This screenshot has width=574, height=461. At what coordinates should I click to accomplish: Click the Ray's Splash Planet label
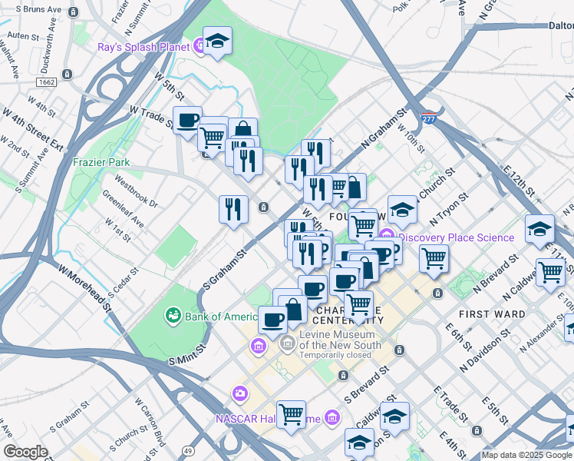pyautogui.click(x=143, y=47)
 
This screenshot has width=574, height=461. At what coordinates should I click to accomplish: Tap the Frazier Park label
pyautogui.click(x=101, y=162)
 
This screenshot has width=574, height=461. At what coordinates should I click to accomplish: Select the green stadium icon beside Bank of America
pyautogui.click(x=173, y=316)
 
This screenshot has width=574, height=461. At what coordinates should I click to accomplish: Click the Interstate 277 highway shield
pyautogui.click(x=430, y=120)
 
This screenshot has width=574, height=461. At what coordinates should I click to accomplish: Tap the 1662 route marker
pyautogui.click(x=46, y=81)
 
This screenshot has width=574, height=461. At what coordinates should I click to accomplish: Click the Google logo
pyautogui.click(x=26, y=452)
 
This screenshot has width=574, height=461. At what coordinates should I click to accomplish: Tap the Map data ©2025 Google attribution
pyautogui.click(x=526, y=455)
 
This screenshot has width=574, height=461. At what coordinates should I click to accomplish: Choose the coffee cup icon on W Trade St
pyautogui.click(x=188, y=120)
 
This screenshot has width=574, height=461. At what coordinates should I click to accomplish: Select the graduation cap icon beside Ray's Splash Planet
pyautogui.click(x=217, y=41)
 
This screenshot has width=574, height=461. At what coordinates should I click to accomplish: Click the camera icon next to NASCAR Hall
pyautogui.click(x=240, y=393)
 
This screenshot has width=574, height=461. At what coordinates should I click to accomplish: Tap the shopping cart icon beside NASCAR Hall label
pyautogui.click(x=291, y=414)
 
